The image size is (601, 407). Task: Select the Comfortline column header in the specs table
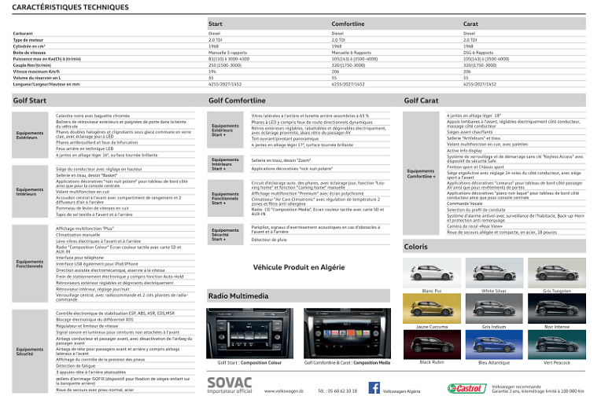click(348, 24)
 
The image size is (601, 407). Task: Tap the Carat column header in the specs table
click(470, 24)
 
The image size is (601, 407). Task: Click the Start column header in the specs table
click(216, 24)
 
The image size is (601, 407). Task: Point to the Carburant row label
click(23, 34)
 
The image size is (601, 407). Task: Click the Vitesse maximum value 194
click(212, 71)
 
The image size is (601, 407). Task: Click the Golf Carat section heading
click(421, 101)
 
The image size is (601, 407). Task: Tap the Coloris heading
click(415, 247)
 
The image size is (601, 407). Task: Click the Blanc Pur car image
click(431, 272)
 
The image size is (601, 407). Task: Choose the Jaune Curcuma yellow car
click(431, 307)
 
